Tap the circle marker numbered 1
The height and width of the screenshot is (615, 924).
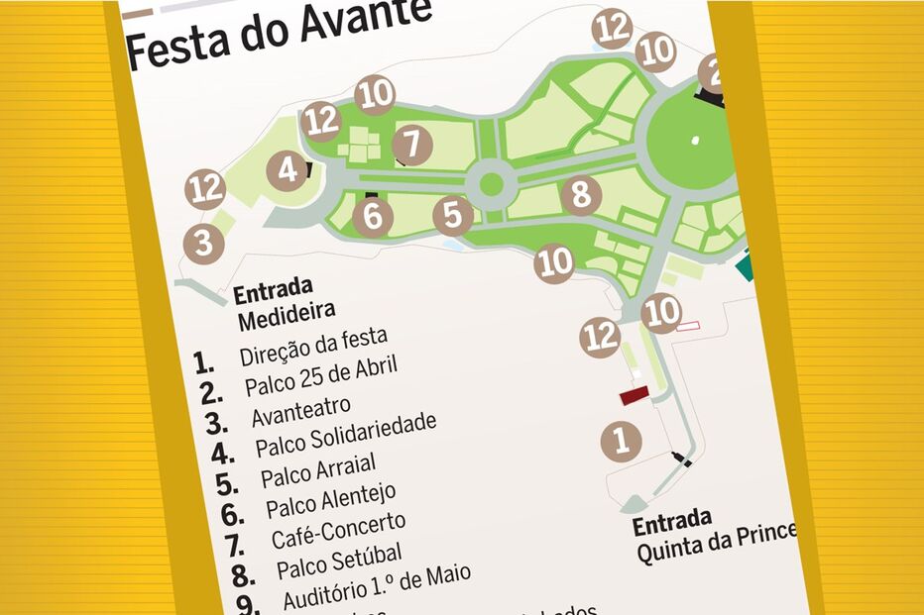622,439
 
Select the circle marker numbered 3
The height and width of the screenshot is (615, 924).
203,242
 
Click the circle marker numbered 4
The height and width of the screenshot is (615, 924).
288,171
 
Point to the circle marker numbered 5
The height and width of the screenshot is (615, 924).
452,215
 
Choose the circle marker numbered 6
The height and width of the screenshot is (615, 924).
373,217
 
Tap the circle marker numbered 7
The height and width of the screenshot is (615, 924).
412,145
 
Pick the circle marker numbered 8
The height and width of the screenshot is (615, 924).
581,194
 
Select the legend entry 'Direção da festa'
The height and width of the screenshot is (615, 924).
313,348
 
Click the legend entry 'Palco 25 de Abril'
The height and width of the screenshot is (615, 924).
320,375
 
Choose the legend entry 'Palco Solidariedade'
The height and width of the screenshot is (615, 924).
345,435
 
